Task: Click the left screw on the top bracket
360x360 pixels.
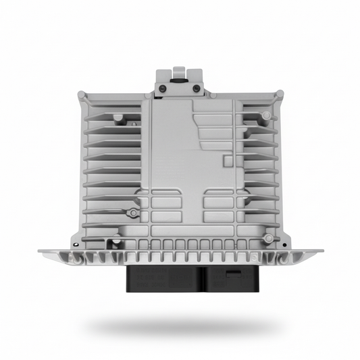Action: pyautogui.click(x=163, y=88)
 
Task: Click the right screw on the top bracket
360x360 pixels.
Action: pyautogui.click(x=196, y=88)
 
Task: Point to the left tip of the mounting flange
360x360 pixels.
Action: pyautogui.click(x=43, y=251)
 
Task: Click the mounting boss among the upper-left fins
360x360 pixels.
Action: pyautogui.click(x=119, y=118)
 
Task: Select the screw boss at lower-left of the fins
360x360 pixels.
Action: pyautogui.click(x=133, y=213)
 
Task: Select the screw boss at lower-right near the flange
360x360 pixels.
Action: pyautogui.click(x=269, y=238)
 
